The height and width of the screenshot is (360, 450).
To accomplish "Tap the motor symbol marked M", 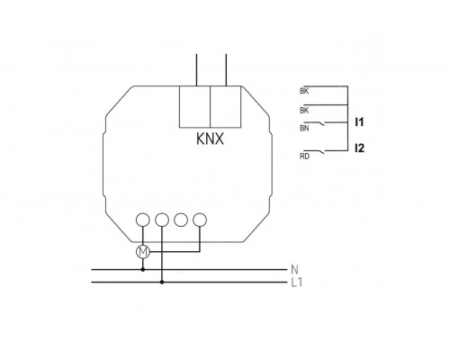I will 142,252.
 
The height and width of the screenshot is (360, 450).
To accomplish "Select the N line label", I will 294,268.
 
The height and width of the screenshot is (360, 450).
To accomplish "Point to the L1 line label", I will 296,283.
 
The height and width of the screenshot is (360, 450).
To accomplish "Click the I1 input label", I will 359,120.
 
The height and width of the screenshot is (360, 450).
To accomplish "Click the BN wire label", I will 303,129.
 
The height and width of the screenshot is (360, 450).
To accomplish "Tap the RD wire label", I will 303,156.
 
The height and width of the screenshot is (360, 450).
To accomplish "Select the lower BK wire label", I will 303,110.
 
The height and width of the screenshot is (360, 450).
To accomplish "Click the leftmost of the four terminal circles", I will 142,219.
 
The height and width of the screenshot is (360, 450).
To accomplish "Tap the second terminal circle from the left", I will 162,219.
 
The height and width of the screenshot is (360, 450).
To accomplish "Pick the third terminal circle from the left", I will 181,219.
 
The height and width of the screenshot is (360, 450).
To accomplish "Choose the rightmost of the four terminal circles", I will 200,219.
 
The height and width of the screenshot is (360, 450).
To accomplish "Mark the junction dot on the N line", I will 142,268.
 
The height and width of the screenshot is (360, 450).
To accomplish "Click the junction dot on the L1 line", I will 162,283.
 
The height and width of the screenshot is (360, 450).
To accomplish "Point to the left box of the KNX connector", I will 194,106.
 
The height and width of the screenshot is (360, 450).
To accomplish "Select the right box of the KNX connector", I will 225,106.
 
